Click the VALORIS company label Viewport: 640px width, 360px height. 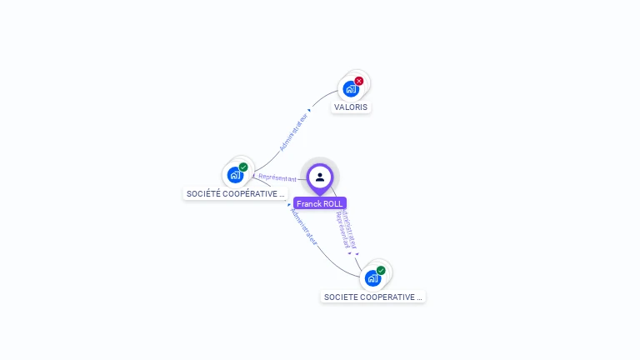pos(351,107)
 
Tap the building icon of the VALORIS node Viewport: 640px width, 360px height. pos(351,88)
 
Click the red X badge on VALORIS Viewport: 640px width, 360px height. pos(359,81)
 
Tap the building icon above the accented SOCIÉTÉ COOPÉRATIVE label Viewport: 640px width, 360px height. pos(235,175)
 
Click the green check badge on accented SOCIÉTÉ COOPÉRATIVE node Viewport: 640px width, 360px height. pos(243,167)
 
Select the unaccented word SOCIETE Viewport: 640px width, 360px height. pos(341,297)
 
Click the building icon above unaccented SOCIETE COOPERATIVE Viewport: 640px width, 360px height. pos(372,278)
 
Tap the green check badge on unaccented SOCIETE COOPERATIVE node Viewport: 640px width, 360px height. pos(381,271)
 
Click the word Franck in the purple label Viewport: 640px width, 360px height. pos(308,203)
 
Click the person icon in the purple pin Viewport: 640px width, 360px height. pos(320,177)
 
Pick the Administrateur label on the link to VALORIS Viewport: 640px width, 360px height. pos(293,132)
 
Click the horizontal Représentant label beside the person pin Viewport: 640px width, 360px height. pos(277,178)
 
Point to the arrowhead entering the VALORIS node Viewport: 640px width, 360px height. pos(309,109)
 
